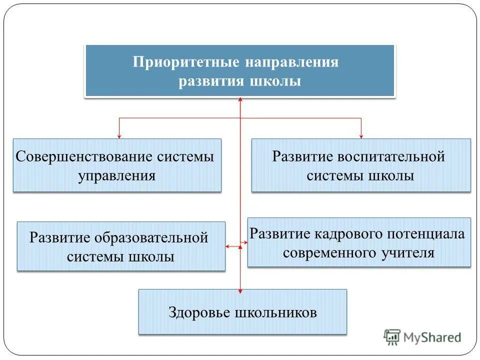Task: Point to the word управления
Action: click(x=116, y=176)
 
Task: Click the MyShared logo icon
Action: click(x=392, y=337)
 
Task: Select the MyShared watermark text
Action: click(x=433, y=337)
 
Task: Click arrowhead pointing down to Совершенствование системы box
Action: click(x=119, y=135)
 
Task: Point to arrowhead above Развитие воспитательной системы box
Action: click(x=361, y=135)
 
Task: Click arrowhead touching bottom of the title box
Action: click(x=240, y=99)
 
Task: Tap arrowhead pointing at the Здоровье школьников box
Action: click(x=240, y=289)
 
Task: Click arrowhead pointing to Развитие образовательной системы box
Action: click(x=228, y=246)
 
